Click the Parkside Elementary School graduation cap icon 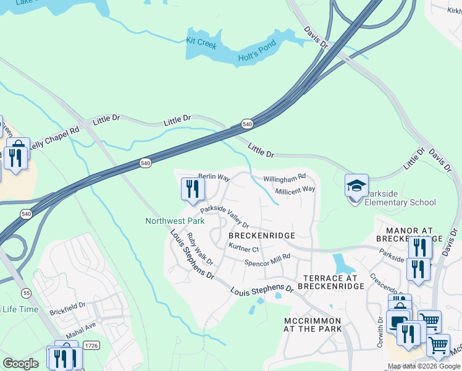356,185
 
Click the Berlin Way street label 214,177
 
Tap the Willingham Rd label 285,178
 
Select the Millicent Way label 295,189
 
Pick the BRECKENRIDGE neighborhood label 262,236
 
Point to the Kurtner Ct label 243,249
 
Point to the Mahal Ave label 82,325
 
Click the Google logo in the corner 20,364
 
